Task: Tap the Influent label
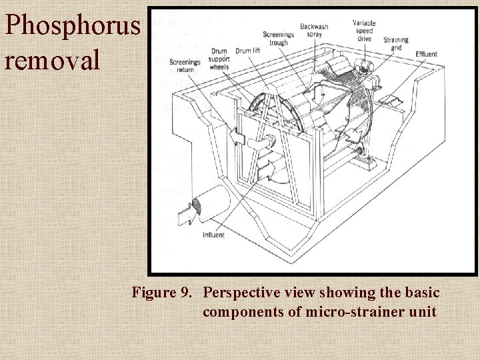pos(214,235)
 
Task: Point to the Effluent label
pos(426,53)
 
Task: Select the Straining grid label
pos(396,43)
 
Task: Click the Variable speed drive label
pos(364,31)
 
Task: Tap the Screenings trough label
pos(279,39)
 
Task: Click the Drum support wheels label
pos(219,59)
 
